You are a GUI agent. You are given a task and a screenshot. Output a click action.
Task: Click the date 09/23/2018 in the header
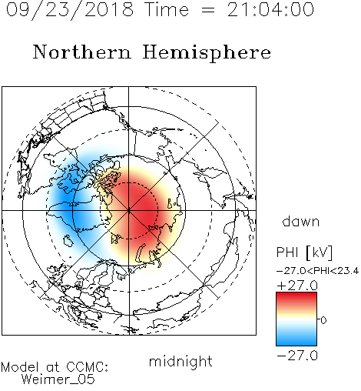[70, 10]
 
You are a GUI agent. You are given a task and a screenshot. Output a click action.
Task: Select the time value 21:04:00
[270, 9]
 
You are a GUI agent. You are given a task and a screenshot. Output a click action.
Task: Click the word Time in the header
[167, 9]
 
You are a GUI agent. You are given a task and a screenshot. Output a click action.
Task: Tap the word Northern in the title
[82, 52]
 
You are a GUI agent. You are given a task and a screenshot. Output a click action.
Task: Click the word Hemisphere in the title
[207, 53]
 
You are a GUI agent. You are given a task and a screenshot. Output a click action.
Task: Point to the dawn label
[301, 221]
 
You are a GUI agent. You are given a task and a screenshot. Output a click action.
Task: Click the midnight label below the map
[180, 362]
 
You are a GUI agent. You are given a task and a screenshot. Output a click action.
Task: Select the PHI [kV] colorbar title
[304, 252]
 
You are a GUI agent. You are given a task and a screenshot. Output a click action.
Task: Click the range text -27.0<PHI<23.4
[318, 271]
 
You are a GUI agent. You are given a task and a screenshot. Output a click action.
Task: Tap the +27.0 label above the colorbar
[297, 286]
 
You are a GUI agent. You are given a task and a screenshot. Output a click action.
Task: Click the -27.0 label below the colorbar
[297, 356]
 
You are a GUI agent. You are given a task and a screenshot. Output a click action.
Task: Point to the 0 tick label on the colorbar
[323, 320]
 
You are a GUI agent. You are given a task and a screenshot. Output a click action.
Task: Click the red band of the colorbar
[296, 299]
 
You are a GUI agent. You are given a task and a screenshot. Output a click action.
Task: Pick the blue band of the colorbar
[296, 339]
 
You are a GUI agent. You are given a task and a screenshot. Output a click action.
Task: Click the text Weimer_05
[58, 379]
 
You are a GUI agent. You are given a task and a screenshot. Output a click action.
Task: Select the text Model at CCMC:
[55, 367]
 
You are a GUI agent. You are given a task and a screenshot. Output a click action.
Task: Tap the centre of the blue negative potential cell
[71, 202]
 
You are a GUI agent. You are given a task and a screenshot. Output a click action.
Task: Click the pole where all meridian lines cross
[129, 210]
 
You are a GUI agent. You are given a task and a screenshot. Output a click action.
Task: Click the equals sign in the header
[208, 10]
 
